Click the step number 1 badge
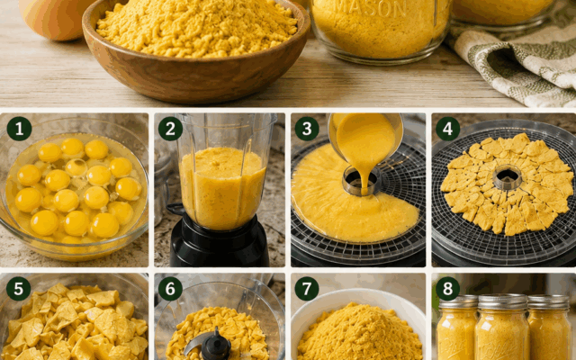click(19, 129)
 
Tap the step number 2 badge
click(170, 129)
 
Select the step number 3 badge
click(307, 129)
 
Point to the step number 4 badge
click(447, 129)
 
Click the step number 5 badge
click(19, 289)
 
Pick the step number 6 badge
click(170, 289)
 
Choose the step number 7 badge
click(307, 289)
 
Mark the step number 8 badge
click(447, 289)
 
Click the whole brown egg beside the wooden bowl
click(55, 18)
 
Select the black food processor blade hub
click(216, 346)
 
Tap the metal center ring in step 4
click(508, 177)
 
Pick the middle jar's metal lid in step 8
click(503, 301)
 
